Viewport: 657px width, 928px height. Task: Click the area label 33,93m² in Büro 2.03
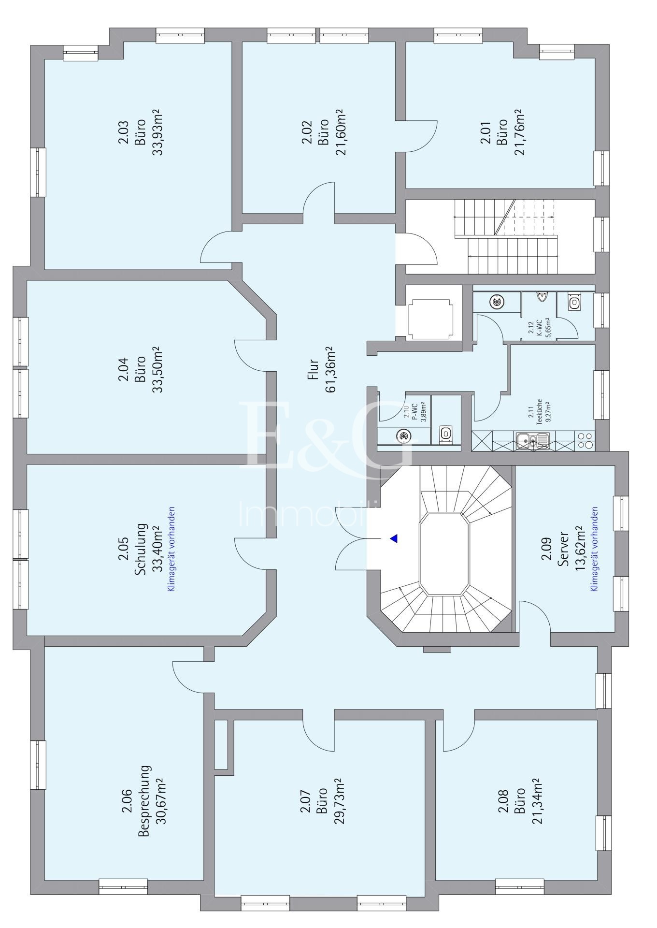click(157, 132)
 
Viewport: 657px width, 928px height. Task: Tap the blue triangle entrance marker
click(394, 538)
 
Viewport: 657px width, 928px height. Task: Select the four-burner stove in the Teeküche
click(586, 440)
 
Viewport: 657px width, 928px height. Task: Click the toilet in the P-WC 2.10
click(446, 434)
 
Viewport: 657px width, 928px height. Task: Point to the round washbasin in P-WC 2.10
click(403, 436)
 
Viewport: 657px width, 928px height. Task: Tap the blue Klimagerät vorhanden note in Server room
click(594, 549)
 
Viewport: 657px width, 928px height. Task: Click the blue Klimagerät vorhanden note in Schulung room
click(171, 549)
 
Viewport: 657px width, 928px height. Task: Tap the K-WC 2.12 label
click(538, 330)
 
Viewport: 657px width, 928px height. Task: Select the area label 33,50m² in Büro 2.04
click(157, 369)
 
